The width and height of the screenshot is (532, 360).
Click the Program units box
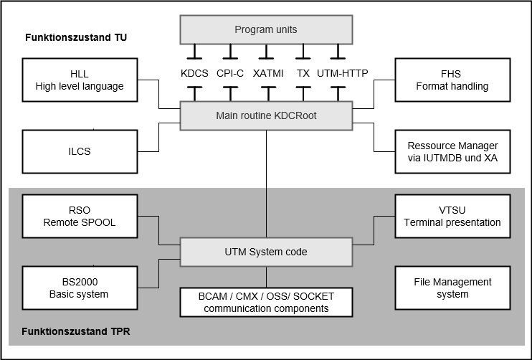pos(266,29)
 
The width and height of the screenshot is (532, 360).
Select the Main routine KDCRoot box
pos(266,115)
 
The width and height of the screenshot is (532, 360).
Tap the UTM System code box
pos(266,252)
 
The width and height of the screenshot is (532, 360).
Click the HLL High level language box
pos(80,80)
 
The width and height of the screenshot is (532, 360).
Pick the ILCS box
pos(80,151)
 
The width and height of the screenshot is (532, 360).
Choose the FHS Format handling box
pos(452,80)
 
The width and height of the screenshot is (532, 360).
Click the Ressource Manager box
pos(452,151)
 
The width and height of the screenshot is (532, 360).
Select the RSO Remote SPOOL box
pos(80,216)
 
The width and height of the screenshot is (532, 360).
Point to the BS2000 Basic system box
pos(80,288)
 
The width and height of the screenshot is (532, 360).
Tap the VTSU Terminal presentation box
pos(452,216)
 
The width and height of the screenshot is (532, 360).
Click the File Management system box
pos(452,288)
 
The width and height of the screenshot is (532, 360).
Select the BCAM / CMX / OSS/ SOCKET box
pos(266,302)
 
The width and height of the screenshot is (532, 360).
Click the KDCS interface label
pos(194,72)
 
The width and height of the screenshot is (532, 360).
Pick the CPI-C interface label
pos(230,72)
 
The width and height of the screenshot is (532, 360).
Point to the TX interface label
pos(303,72)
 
